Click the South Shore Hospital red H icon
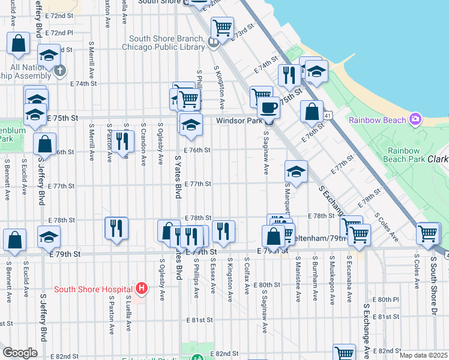[141, 289]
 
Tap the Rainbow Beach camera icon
[415, 119]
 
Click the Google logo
[20, 353]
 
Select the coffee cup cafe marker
[268, 107]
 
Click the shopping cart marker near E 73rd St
[222, 27]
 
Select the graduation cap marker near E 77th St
[296, 171]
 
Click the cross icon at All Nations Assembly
[59, 71]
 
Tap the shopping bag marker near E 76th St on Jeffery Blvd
[44, 143]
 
